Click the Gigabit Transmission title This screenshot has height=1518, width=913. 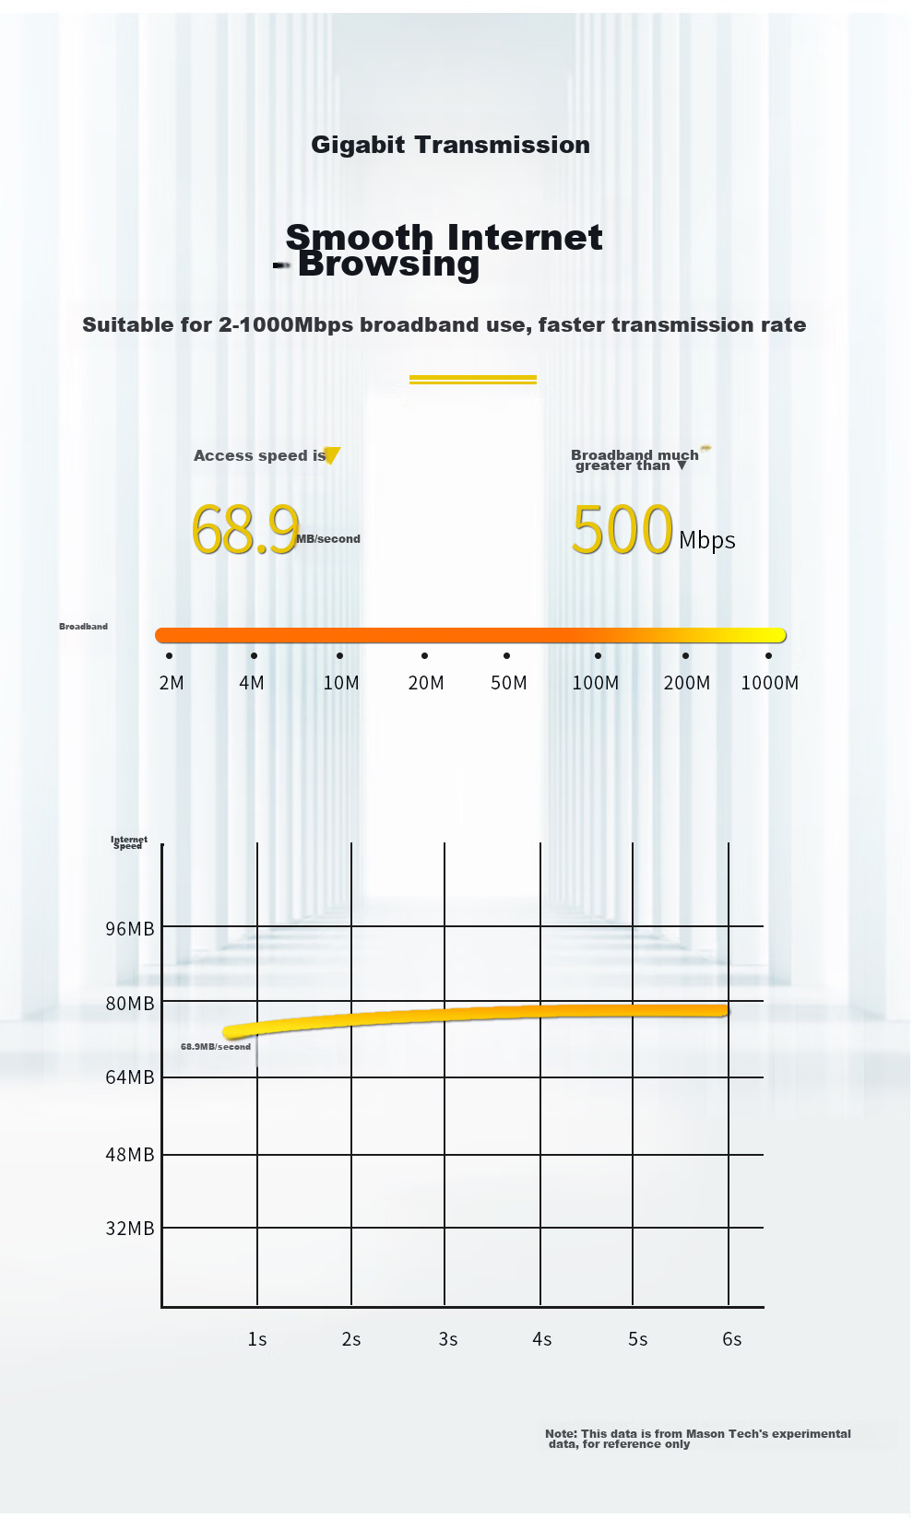click(x=450, y=145)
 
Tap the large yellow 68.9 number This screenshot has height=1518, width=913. click(x=245, y=529)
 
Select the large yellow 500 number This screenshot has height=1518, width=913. click(x=622, y=528)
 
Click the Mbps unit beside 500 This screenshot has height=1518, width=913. click(x=706, y=540)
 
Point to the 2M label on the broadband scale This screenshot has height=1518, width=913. click(x=172, y=682)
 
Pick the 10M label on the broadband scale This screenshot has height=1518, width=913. click(x=341, y=682)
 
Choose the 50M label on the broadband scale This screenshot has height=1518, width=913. click(x=509, y=682)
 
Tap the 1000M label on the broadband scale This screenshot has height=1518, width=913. click(x=770, y=682)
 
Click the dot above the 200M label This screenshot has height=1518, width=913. click(x=686, y=655)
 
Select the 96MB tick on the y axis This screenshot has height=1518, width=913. click(x=129, y=928)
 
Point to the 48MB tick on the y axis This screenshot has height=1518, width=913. click(x=129, y=1154)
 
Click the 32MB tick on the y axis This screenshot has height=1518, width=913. click(x=129, y=1228)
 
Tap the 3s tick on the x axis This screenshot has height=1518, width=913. click(x=447, y=1339)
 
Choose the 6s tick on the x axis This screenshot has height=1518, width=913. click(x=732, y=1339)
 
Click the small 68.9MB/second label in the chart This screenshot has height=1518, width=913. click(x=216, y=1046)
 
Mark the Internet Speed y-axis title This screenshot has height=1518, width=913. click(x=129, y=842)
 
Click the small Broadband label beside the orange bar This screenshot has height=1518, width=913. click(x=83, y=626)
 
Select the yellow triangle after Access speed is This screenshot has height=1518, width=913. click(x=332, y=455)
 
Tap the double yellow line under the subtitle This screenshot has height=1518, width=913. click(x=473, y=380)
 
